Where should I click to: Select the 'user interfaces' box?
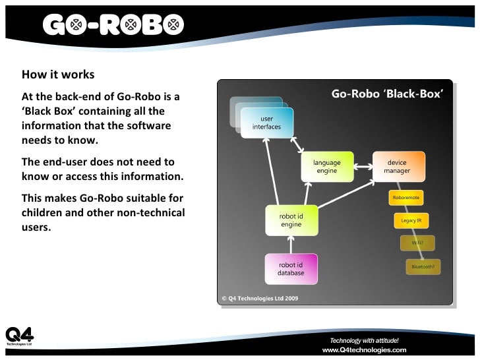point(266,123)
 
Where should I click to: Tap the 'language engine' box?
point(326,167)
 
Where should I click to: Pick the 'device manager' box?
point(397,167)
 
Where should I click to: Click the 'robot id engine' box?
point(291,220)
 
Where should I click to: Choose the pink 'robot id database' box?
point(291,268)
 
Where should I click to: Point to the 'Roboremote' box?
point(405,198)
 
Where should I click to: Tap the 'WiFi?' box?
point(417,243)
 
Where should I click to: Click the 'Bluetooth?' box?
point(423,266)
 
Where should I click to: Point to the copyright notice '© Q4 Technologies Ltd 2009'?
point(260,298)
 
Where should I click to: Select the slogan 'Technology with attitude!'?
point(364,340)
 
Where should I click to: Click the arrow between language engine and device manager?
point(362,162)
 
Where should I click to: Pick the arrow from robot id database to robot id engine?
point(291,245)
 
